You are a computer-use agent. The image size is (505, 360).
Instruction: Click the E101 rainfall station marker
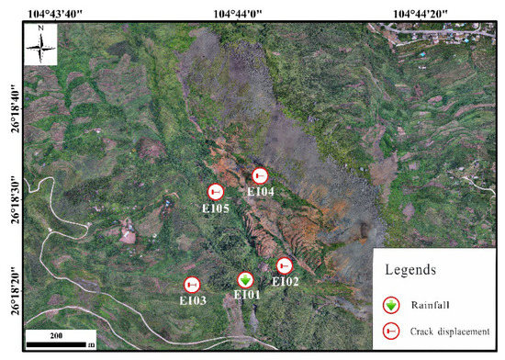[x=245, y=280]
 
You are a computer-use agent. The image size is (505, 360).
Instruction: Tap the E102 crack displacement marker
[x=285, y=266]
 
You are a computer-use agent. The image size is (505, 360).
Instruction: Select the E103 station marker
[x=192, y=286]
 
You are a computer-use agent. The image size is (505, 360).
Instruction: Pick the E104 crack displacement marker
[x=260, y=175]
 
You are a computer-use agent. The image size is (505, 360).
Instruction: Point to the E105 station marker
[x=216, y=192]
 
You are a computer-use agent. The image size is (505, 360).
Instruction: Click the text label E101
[x=247, y=296]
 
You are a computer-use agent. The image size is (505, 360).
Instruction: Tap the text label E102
[x=286, y=282]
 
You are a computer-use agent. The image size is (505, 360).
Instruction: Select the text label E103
[x=192, y=300]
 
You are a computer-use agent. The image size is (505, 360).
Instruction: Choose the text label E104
[x=261, y=191]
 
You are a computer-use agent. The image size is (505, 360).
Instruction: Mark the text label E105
[x=216, y=208]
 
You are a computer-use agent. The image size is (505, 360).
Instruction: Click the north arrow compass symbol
[x=42, y=43]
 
